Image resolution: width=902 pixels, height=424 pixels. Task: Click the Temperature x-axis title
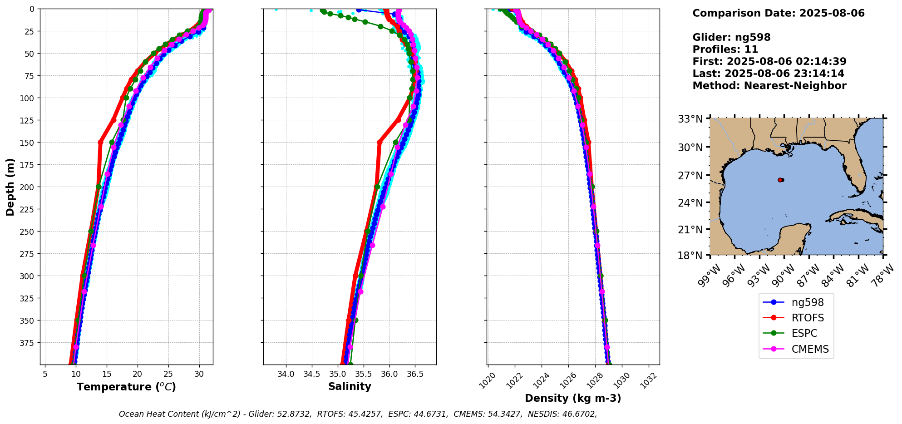(x=126, y=387)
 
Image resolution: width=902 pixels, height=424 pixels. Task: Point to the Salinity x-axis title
(x=350, y=387)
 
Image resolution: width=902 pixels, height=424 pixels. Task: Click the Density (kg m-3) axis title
(x=573, y=398)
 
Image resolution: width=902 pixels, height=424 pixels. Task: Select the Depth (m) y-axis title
(x=10, y=187)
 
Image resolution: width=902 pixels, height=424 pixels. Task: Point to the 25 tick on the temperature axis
(x=168, y=374)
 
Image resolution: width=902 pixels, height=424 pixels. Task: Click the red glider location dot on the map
(x=780, y=180)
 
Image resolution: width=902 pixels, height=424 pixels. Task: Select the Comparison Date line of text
(x=778, y=13)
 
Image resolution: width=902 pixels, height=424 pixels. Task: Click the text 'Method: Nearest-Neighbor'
(x=769, y=86)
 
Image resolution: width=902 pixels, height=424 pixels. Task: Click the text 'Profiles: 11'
(x=725, y=49)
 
